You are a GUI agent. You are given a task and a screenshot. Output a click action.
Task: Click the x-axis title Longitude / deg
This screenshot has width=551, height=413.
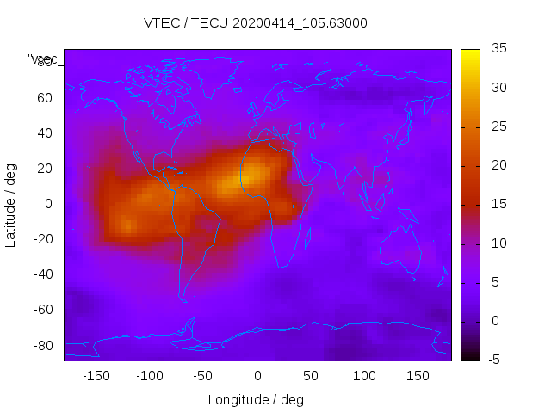[256, 399]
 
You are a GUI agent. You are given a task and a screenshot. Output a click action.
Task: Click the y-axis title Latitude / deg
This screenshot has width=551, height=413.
[11, 204]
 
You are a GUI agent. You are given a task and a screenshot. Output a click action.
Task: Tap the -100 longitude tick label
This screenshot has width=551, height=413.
[149, 375]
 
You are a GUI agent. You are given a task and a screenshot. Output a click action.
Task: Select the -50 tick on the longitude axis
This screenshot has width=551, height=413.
[203, 375]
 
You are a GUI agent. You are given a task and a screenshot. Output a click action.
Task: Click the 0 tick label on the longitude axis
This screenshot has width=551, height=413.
[257, 375]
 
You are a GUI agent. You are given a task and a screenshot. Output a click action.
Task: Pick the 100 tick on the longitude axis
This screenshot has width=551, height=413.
[364, 375]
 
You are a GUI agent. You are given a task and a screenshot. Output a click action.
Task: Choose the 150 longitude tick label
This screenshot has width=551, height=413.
[418, 375]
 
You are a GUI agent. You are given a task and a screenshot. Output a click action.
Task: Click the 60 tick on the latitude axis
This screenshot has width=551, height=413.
[45, 97]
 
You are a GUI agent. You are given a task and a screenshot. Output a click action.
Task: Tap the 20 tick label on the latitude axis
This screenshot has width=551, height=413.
[45, 168]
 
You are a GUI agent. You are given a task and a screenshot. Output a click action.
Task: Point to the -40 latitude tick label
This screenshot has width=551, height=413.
[42, 274]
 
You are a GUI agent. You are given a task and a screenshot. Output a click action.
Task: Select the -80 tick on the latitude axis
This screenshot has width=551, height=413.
[42, 345]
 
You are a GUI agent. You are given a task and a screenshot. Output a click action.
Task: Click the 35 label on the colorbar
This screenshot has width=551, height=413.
[498, 49]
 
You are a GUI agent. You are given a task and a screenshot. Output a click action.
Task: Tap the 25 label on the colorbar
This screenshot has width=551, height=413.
[498, 126]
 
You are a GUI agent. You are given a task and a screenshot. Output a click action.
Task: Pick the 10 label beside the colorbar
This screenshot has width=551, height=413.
[498, 243]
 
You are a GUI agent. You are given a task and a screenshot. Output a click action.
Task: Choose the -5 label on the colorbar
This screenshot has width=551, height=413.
[497, 360]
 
